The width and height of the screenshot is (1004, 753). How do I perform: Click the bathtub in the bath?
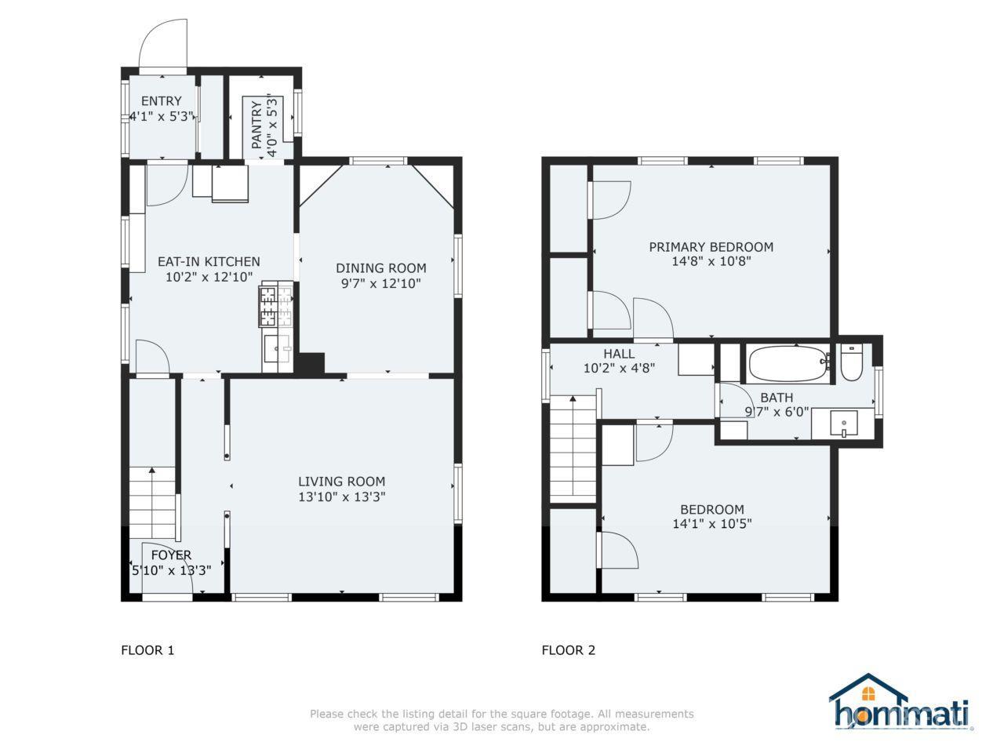click(x=788, y=363)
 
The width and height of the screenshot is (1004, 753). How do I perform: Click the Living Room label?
click(x=342, y=481)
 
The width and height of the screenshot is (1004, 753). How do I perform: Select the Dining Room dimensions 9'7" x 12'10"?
click(x=380, y=283)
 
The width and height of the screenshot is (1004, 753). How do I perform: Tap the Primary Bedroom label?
click(x=711, y=247)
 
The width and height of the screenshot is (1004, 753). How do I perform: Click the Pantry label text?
click(x=256, y=125)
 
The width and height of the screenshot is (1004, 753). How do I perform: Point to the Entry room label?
click(x=161, y=100)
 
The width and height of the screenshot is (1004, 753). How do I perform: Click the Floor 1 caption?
click(x=147, y=650)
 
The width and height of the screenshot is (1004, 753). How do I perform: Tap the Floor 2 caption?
click(x=569, y=650)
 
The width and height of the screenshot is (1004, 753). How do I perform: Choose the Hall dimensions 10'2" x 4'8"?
click(x=620, y=368)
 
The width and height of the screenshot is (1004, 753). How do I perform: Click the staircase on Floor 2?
click(x=573, y=449)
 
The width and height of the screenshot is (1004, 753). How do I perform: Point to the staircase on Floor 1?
click(x=153, y=502)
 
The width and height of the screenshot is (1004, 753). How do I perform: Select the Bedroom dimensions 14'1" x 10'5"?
click(x=712, y=523)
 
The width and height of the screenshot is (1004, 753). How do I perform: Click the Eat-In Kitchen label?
click(x=209, y=261)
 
